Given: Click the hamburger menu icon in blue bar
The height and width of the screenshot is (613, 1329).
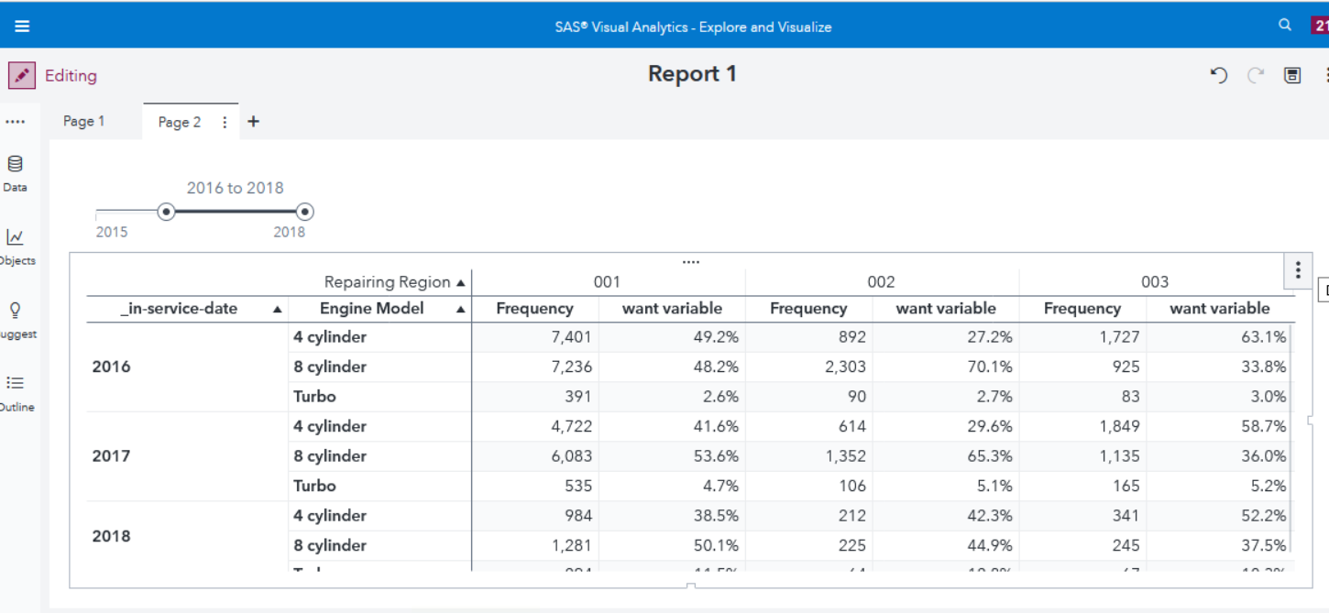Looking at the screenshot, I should [22, 26].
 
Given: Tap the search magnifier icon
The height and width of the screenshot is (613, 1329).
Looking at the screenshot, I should [1285, 26].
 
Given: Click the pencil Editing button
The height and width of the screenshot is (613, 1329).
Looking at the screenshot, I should [22, 75].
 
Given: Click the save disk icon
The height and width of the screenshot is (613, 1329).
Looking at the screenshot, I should [1292, 76].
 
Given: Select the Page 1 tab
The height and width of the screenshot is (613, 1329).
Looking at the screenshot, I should [83, 121].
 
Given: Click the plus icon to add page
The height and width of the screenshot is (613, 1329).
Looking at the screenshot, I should [254, 121].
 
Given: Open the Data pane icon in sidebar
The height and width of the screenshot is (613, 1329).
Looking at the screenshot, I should [15, 165].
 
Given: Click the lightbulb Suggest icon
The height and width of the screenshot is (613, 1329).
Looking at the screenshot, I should [15, 311].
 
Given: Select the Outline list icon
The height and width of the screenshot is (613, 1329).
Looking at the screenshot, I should [15, 384].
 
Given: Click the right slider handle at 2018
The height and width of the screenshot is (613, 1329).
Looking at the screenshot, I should [305, 212].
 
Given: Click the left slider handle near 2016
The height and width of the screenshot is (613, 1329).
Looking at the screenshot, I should [166, 212].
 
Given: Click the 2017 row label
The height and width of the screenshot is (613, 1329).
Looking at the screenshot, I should [112, 455].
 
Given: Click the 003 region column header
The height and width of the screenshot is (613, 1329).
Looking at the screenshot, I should [1155, 282].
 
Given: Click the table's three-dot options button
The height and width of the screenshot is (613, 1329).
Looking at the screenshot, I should [1297, 270].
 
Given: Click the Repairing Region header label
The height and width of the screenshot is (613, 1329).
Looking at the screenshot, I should [387, 282].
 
